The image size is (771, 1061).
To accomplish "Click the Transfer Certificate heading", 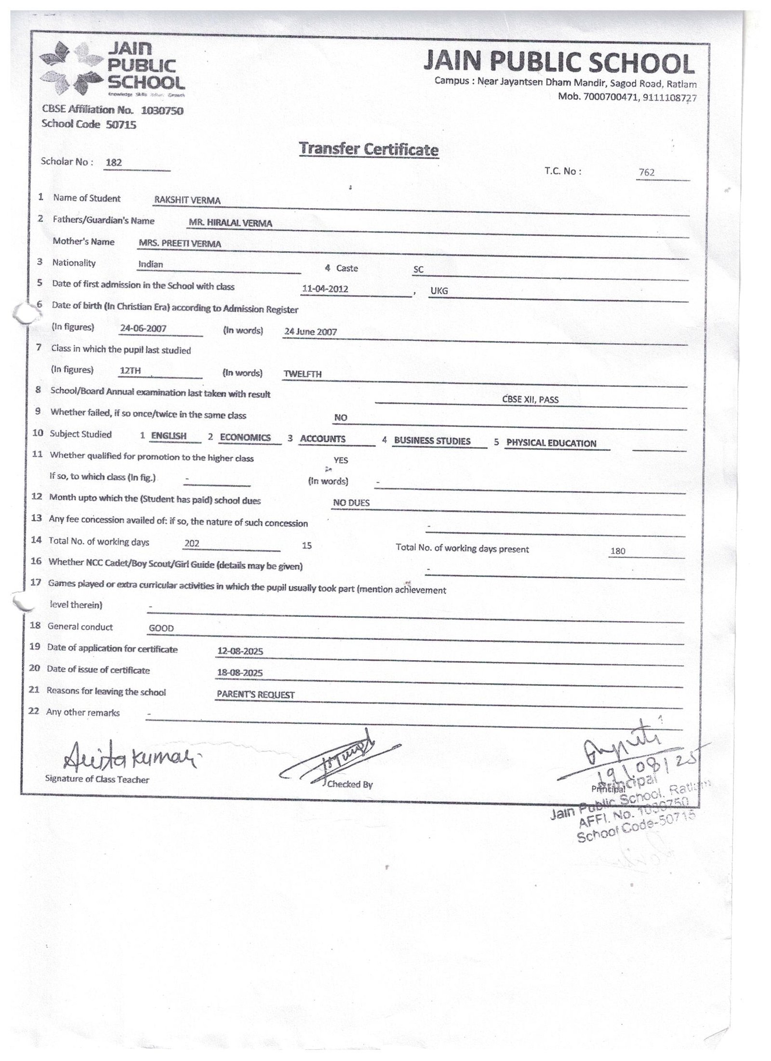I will pos(369,149).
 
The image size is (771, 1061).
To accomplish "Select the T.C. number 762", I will pos(646,173).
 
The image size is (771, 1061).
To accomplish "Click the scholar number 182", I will pos(114,163).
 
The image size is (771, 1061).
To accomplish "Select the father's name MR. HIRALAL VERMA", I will pos(230,223).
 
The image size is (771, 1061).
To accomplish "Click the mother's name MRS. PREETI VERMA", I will pos(180,244).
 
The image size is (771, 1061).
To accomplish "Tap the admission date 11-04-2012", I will pos(325,289).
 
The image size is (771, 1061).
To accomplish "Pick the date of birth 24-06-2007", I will pos(143,328).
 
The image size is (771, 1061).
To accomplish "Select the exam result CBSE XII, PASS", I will pos(530,399).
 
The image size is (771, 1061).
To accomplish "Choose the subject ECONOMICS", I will pos(245,437).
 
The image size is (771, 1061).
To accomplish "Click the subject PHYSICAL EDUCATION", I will pos(551,443).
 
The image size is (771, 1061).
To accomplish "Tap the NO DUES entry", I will pos(351,503).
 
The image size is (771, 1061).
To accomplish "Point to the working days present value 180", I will pos(617,551).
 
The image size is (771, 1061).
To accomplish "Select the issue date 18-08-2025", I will pos(240,673).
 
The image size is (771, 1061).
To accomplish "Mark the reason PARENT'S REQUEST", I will pos(255,695).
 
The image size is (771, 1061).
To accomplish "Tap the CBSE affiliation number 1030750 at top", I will pos(162,111).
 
